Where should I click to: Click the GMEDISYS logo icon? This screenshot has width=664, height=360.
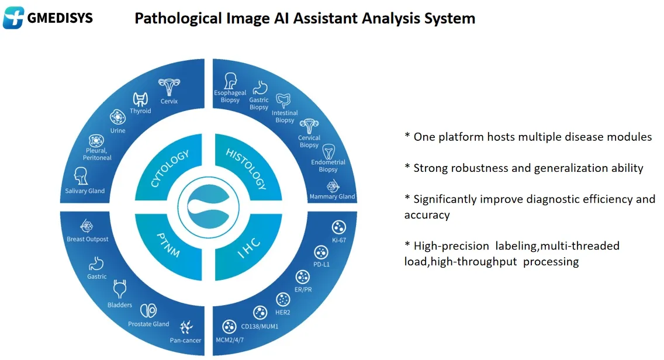13,18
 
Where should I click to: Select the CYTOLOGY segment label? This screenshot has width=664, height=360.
170,169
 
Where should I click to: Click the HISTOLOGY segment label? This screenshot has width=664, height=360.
245,169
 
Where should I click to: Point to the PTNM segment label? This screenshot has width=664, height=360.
169,245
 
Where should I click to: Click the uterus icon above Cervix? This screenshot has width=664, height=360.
169,88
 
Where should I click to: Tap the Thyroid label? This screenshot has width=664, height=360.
140,111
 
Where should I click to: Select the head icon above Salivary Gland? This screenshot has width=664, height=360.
81,176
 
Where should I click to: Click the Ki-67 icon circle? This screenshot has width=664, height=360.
338,227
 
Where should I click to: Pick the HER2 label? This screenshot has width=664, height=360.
283,312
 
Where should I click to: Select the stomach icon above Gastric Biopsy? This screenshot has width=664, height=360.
259,88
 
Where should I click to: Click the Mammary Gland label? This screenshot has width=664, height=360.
332,196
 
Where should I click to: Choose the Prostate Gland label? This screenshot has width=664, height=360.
148,324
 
